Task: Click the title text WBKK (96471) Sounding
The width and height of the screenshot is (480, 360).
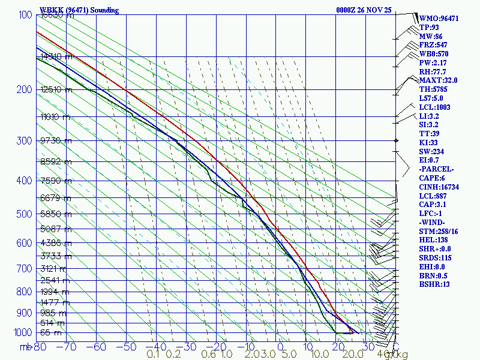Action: click(79, 10)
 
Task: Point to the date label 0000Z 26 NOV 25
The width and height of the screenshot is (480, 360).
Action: click(365, 10)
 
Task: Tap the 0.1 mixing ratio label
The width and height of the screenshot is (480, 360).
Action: click(153, 354)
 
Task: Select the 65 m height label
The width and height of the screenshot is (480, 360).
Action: click(50, 332)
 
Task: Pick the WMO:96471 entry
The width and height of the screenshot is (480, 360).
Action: click(439, 19)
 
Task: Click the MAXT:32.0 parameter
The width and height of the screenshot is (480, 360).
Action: click(438, 80)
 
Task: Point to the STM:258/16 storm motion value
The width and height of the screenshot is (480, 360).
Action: click(439, 231)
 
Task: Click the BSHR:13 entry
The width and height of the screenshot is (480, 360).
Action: click(434, 284)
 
